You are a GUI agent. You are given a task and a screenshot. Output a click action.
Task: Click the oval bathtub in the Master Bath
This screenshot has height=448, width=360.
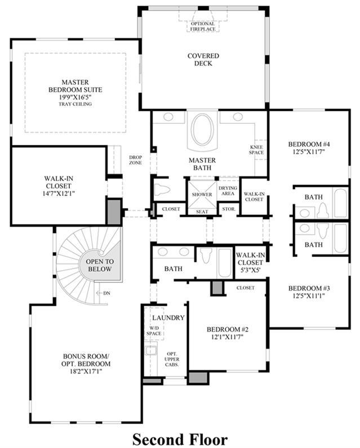point(203,129)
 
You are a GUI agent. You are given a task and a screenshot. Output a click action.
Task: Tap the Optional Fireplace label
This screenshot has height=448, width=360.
point(203,26)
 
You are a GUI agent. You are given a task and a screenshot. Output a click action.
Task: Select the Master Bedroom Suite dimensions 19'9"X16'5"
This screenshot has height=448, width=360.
point(75,97)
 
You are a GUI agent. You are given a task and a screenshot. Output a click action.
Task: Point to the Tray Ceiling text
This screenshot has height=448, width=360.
point(75,104)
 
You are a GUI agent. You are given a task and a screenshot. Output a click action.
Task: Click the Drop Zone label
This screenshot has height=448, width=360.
point(135,160)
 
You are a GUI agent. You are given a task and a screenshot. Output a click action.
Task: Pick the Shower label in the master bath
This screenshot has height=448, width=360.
point(202,195)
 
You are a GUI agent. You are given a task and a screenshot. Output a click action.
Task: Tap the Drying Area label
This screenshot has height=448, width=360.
point(228,191)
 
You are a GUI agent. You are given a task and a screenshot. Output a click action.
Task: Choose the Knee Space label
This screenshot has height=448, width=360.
point(256,150)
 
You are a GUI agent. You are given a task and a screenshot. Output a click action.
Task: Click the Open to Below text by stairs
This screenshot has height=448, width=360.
point(100,265)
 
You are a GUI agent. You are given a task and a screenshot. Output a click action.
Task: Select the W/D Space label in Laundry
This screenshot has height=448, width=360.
point(154,331)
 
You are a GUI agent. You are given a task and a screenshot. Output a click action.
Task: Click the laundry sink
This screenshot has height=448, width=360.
point(150,350)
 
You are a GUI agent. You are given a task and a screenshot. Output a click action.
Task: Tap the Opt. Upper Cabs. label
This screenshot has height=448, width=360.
point(172,359)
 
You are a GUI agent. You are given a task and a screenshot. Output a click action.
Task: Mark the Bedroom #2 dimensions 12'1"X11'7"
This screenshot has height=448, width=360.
point(228,337)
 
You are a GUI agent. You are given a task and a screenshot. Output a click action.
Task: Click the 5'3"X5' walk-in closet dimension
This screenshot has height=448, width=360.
point(250,270)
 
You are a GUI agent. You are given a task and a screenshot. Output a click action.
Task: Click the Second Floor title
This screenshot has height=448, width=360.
point(180,439)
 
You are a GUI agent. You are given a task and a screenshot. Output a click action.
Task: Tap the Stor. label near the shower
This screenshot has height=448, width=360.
point(229,209)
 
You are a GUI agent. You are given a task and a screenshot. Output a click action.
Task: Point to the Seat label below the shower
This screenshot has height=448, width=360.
point(202,212)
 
